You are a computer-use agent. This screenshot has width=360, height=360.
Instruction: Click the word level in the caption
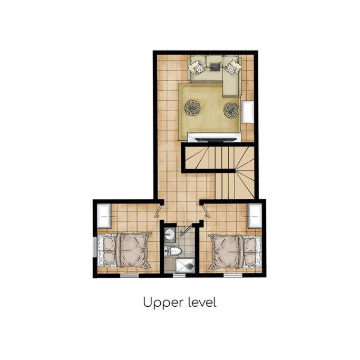pos(202,302)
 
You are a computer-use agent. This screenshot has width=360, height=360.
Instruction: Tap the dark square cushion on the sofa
pos(216,67)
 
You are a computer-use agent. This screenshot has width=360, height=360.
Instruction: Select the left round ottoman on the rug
pos(192,108)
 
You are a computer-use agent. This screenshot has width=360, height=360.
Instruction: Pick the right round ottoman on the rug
pos(232,111)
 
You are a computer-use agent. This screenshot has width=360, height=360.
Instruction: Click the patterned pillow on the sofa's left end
pos(198,68)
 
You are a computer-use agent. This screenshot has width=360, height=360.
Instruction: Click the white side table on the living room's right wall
pos(248,112)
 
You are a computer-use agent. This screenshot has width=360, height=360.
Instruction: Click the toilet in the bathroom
pos(173,251)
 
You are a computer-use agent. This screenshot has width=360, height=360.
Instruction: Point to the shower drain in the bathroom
pos(190,266)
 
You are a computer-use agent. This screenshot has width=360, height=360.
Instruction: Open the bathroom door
pos(186,230)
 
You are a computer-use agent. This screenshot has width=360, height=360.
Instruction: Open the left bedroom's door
pos(158,211)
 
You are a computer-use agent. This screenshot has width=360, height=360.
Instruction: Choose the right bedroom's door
pos(206,211)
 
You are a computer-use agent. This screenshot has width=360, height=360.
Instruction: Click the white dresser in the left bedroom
pos(104,216)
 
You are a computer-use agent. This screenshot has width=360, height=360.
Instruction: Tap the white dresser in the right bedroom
pos(255,216)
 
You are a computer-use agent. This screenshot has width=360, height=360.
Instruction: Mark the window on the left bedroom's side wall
pos(94,247)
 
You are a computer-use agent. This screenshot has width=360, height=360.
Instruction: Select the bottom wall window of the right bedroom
pos(233,276)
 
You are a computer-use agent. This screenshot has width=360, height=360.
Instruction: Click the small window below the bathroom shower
pos(179,276)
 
